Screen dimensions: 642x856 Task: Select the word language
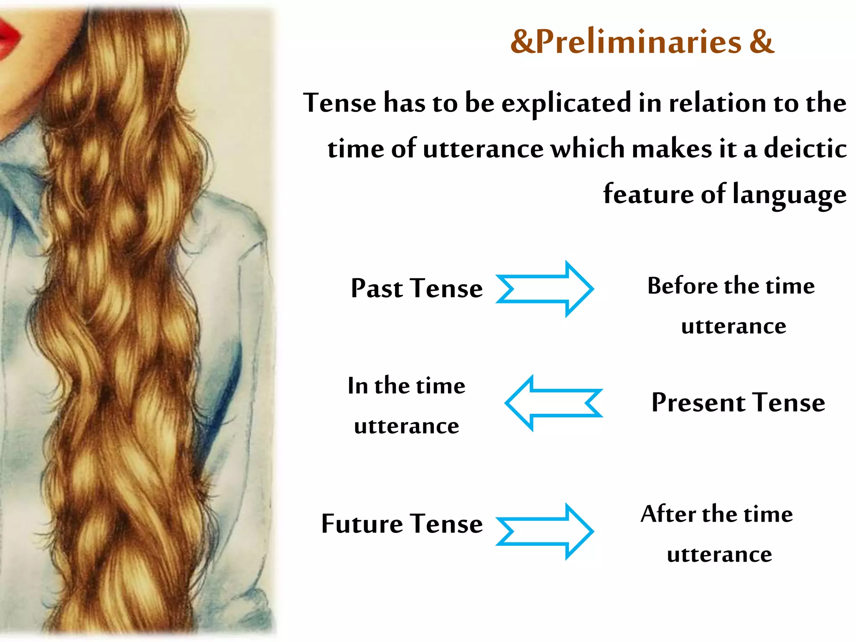pyautogui.click(x=790, y=195)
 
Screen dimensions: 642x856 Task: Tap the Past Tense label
pyautogui.click(x=417, y=288)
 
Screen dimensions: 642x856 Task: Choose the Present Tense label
pyautogui.click(x=738, y=403)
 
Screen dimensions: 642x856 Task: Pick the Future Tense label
pyautogui.click(x=402, y=524)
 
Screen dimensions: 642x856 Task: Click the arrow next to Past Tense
pyautogui.click(x=545, y=289)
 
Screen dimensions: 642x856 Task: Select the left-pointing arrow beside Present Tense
pyautogui.click(x=553, y=403)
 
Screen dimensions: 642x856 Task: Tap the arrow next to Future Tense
pyautogui.click(x=545, y=531)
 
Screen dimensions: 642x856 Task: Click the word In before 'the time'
pyautogui.click(x=357, y=385)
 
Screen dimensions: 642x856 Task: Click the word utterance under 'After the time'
pyautogui.click(x=719, y=555)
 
